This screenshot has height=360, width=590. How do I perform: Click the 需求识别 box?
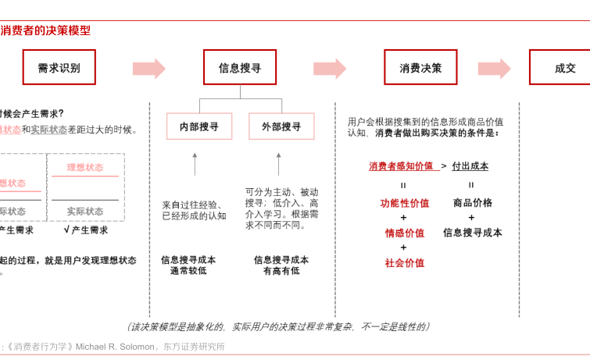point(59,68)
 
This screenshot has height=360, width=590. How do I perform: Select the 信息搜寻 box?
point(240,68)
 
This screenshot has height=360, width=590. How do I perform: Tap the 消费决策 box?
point(420,68)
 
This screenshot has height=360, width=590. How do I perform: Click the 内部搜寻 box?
point(199,127)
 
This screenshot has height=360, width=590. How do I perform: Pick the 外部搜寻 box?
point(281,127)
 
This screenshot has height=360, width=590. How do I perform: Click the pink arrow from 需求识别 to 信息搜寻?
point(149,69)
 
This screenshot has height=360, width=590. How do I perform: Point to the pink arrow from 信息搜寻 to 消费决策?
point(330,69)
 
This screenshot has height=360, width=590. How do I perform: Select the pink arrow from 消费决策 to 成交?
point(495,69)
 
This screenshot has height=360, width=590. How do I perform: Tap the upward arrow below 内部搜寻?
point(195,164)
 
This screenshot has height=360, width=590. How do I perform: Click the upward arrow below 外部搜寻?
point(278,164)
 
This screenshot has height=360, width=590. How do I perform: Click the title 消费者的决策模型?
point(45,31)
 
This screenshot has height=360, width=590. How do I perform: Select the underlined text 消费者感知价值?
point(401,166)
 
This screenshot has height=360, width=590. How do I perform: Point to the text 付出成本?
point(470,166)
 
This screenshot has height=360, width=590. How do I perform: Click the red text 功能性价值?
point(404,203)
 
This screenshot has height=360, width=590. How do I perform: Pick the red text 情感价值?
point(404,233)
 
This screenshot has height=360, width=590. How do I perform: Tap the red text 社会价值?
point(404,263)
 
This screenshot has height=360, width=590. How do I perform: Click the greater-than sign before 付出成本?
point(444,166)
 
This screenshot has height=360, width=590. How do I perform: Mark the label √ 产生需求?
point(85,230)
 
